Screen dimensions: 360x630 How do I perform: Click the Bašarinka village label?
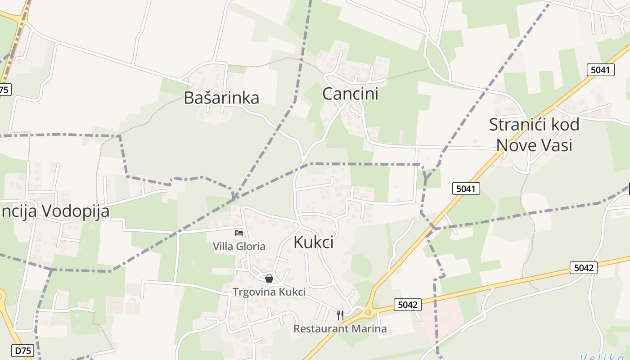pyautogui.click(x=221, y=98)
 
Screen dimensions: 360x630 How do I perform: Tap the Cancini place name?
pyautogui.click(x=350, y=94)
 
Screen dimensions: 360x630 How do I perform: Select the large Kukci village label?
pyautogui.click(x=313, y=242)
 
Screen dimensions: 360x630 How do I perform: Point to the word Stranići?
pyautogui.click(x=516, y=125)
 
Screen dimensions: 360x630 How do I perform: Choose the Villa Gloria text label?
pyautogui.click(x=239, y=246)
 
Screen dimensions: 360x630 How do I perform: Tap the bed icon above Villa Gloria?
pyautogui.click(x=239, y=233)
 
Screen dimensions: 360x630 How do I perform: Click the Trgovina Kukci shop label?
pyautogui.click(x=269, y=292)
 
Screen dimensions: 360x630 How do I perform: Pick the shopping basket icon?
pyautogui.click(x=269, y=279)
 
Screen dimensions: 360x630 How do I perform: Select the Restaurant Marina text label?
pyautogui.click(x=340, y=328)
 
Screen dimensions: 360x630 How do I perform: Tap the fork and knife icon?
pyautogui.click(x=340, y=315)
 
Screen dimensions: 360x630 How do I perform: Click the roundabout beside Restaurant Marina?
pyautogui.click(x=369, y=311)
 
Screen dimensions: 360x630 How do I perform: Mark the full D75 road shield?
pyautogui.click(x=23, y=351)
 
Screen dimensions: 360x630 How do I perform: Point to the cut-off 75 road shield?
pyautogui.click(x=4, y=90)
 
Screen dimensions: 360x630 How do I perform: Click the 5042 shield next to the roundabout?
pyautogui.click(x=408, y=305)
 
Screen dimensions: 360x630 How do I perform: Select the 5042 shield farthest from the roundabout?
pyautogui.click(x=584, y=268)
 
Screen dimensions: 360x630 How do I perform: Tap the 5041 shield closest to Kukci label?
pyautogui.click(x=466, y=189)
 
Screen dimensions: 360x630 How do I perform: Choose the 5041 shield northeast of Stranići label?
pyautogui.click(x=601, y=70)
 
